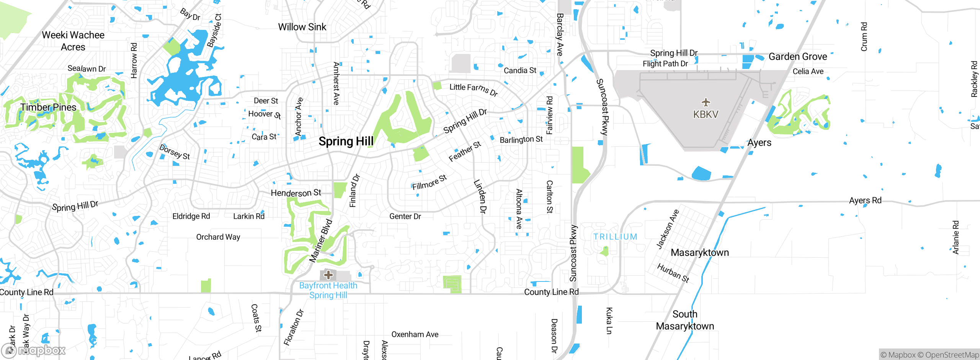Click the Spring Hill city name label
pos(346,141)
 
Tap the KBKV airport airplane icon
pos(706,102)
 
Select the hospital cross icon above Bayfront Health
pos(328,275)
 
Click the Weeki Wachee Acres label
pos(73,41)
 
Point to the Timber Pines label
pos(48,107)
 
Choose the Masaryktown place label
pos(700,252)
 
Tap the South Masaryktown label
pos(685,320)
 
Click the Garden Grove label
pos(797,57)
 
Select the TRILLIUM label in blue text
pos(615,237)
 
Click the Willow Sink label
pos(302,27)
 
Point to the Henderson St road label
pos(296,193)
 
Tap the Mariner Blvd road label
pos(321,241)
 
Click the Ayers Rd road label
pos(865,200)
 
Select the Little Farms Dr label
pos(474,90)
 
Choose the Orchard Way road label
pos(218,237)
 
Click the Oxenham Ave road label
pos(415,334)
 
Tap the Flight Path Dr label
pos(665,64)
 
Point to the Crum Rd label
pos(864,37)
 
